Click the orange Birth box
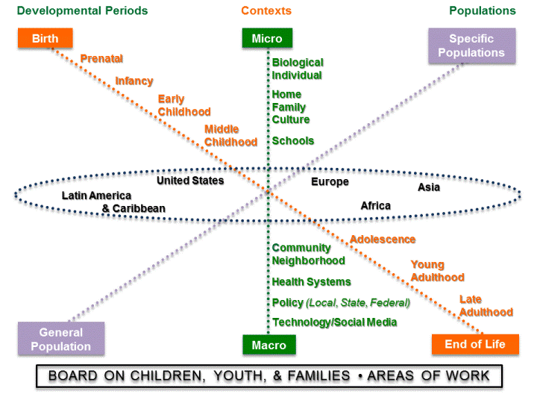point(45,39)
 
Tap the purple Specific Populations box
point(471,46)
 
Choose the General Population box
point(61,339)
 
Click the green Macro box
point(268,345)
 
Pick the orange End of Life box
point(475,344)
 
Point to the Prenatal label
point(101,58)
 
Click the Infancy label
point(134,81)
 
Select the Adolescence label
point(383,240)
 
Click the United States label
point(190,181)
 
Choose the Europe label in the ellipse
point(330,181)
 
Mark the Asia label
point(429,187)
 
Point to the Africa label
point(375,205)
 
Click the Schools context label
point(293,140)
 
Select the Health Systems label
point(311,282)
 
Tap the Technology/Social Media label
point(334,322)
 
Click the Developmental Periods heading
point(82,10)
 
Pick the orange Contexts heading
point(266,10)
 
